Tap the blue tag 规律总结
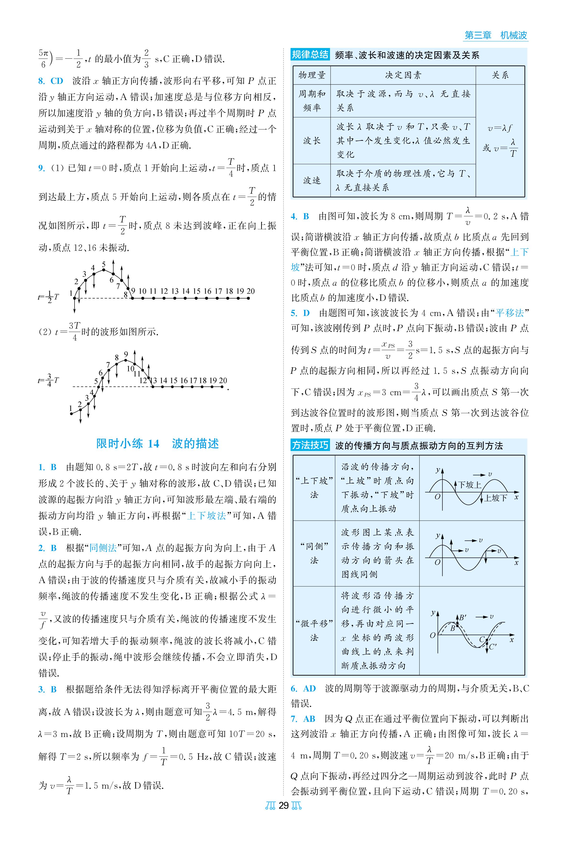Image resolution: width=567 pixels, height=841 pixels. click(310, 55)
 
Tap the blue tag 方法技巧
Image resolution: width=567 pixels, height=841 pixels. click(310, 445)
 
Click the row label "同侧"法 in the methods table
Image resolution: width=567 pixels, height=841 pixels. click(314, 553)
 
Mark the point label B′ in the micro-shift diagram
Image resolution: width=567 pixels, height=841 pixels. click(463, 617)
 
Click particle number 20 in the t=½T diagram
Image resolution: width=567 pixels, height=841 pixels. click(251, 291)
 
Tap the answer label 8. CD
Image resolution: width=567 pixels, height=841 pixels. click(51, 81)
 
